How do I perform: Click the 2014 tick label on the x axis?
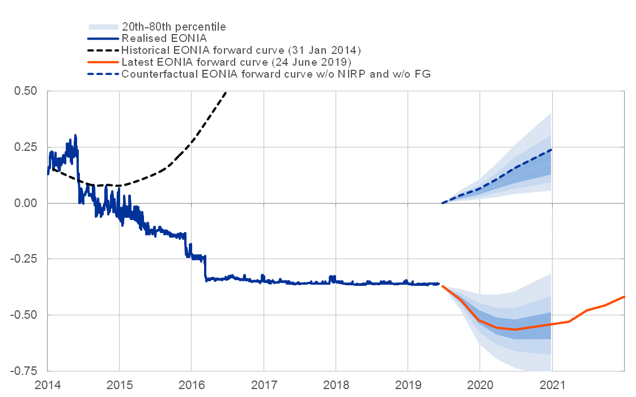point(48,386)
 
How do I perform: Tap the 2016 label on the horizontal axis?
point(192,386)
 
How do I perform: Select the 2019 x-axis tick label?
point(408,386)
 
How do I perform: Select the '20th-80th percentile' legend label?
point(174,26)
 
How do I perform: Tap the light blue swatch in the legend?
point(103,26)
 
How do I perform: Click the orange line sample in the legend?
point(103,62)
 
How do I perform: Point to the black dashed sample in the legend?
point(103,50)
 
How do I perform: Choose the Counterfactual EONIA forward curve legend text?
point(276,74)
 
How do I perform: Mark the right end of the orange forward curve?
point(624,297)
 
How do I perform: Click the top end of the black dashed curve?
point(226,92)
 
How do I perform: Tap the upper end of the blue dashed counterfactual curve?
point(552,150)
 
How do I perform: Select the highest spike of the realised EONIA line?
point(75,135)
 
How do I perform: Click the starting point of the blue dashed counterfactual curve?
point(443,203)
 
